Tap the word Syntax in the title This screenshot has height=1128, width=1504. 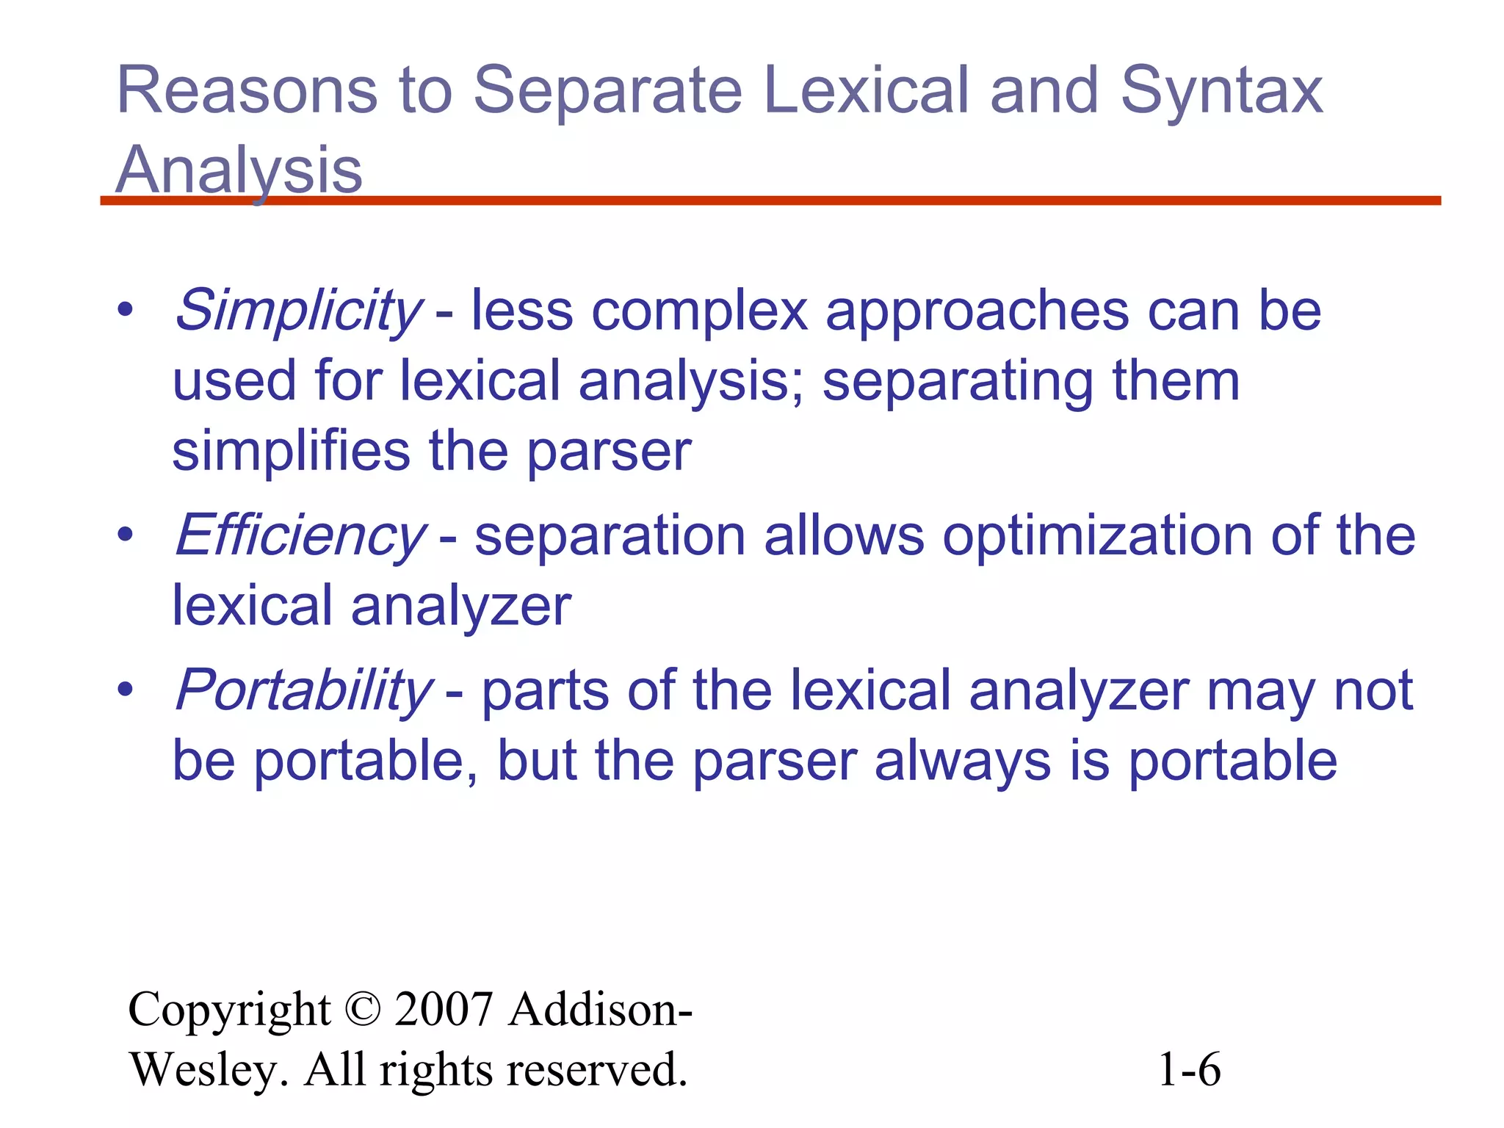pyautogui.click(x=1221, y=92)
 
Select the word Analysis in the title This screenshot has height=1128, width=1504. pyautogui.click(x=239, y=170)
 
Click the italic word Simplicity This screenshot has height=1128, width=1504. pyautogui.click(x=297, y=311)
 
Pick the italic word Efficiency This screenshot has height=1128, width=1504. pyautogui.click(x=300, y=535)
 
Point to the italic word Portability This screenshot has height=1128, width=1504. pyautogui.click(x=303, y=690)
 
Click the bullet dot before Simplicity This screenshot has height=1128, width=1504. pyautogui.click(x=126, y=310)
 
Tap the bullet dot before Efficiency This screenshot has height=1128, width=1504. pyautogui.click(x=126, y=535)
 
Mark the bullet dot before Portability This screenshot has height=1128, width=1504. pyautogui.click(x=126, y=690)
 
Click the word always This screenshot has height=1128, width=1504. pyautogui.click(x=963, y=761)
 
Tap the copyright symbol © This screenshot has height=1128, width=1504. pyautogui.click(x=362, y=1009)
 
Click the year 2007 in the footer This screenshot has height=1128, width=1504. pyautogui.click(x=443, y=1009)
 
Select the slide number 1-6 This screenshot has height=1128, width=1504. pyautogui.click(x=1189, y=1069)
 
